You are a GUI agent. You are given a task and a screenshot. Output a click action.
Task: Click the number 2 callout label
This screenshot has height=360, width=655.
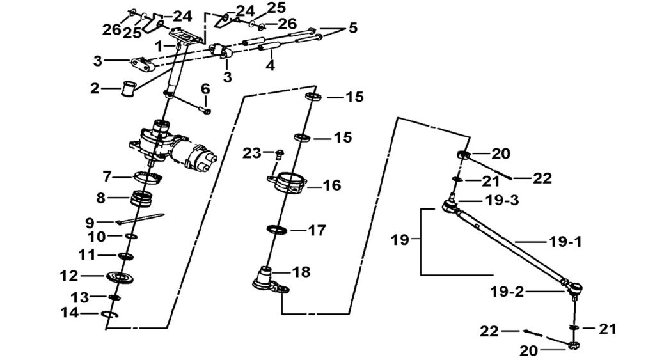click(x=95, y=89)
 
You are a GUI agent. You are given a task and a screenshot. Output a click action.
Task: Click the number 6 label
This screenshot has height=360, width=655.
click(x=205, y=88)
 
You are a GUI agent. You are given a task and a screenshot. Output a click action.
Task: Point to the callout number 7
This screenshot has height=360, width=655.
click(x=107, y=175)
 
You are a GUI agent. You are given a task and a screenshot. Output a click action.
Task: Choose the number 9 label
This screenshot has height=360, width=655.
click(x=91, y=223)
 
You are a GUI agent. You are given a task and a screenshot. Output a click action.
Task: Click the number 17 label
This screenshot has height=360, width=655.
click(x=317, y=230)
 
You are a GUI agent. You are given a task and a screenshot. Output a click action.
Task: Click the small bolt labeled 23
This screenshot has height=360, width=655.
click(x=279, y=154)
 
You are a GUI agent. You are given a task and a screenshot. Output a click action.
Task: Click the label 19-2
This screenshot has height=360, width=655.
click(x=507, y=292)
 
